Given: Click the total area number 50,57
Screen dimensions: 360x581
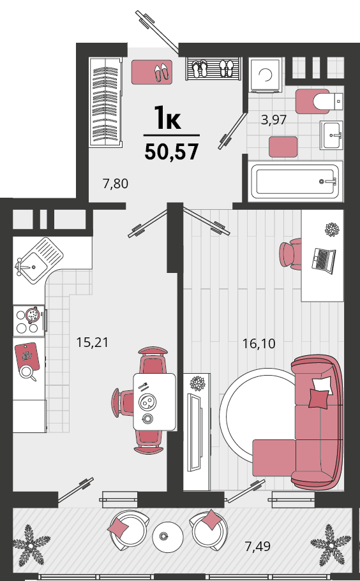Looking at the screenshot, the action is click(x=172, y=152).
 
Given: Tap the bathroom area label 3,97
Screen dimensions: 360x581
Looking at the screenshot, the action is click(x=274, y=120).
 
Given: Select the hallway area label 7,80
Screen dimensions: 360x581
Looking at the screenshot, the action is click(x=116, y=184).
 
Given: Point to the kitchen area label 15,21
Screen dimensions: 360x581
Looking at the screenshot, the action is click(x=93, y=342).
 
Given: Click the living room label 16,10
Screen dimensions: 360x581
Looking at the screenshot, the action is click(x=259, y=344).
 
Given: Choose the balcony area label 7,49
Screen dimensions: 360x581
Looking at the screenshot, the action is click(x=258, y=546).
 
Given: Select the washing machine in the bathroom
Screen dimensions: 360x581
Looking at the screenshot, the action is click(x=265, y=75).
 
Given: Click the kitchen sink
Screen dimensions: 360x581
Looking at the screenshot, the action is click(x=39, y=260).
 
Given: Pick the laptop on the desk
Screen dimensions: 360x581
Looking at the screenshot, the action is click(x=323, y=260).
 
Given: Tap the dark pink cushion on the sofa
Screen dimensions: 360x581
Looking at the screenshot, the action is click(x=319, y=399).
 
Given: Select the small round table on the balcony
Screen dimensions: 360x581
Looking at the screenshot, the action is click(x=168, y=537).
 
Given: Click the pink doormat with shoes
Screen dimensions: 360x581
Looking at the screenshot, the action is click(x=152, y=72).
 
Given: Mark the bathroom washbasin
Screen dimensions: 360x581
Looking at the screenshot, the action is click(x=331, y=135).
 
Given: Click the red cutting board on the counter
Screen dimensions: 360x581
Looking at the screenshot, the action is click(x=27, y=357).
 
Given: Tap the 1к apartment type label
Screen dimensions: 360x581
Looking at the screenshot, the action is click(x=167, y=117).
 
